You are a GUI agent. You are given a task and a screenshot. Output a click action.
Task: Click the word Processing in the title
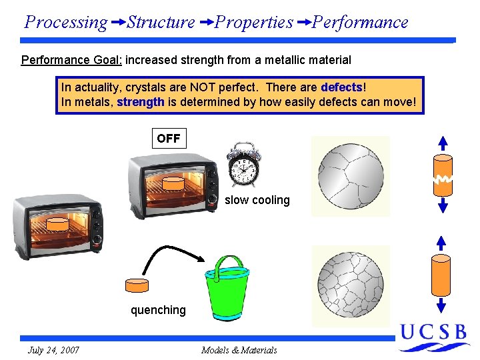(x=65, y=23)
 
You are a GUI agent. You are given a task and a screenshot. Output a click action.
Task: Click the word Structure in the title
(x=161, y=23)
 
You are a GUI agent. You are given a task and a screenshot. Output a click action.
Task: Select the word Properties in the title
(x=254, y=23)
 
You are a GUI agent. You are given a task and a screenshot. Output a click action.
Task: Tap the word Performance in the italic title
(x=360, y=23)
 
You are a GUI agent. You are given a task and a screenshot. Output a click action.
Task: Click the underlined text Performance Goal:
(x=71, y=60)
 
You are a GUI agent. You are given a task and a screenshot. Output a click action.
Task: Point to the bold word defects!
(x=343, y=88)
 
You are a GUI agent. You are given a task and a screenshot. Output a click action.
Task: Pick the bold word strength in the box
(x=141, y=103)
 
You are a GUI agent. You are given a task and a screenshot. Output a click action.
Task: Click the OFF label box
(x=169, y=139)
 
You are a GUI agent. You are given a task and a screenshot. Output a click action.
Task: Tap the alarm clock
(x=243, y=165)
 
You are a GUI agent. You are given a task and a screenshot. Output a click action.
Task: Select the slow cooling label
(x=257, y=200)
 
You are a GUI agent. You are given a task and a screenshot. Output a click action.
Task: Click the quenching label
(x=158, y=310)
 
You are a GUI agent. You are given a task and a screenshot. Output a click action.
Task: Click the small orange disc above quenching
(x=137, y=285)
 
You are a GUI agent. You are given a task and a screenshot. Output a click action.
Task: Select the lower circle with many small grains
(x=351, y=283)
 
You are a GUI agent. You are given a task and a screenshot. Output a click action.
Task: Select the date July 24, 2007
(x=53, y=350)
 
